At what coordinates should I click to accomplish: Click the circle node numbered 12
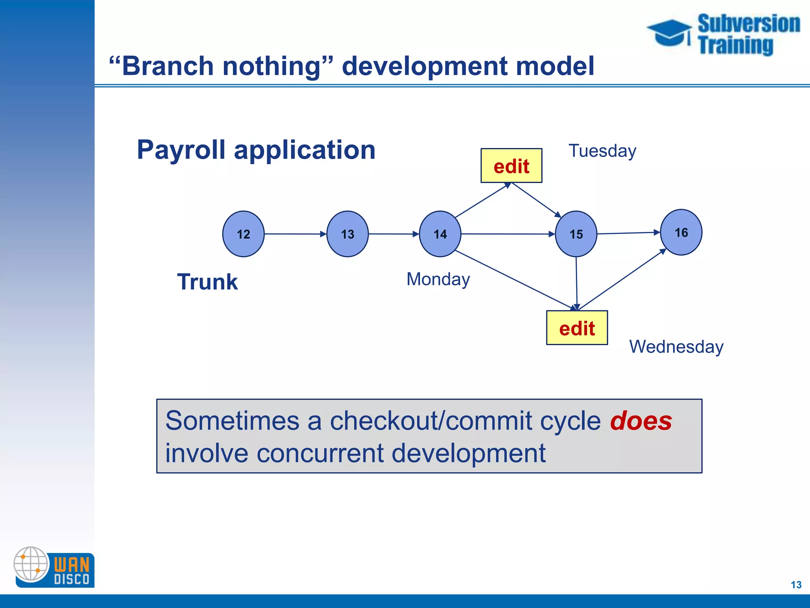pos(243,234)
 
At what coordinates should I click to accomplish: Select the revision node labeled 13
pos(347,234)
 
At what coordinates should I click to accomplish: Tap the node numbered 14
pos(440,234)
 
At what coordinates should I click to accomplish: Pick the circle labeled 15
pos(576,234)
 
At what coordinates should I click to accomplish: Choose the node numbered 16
pos(681,232)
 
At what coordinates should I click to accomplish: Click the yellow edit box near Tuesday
pos(511,166)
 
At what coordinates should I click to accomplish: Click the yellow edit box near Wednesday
pos(577,328)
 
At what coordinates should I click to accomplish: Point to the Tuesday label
pos(602,151)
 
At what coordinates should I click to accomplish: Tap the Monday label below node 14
pos(438,279)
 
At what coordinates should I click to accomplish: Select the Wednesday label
pos(676,347)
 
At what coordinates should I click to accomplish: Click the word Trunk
pos(207,282)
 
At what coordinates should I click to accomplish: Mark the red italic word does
pos(641,421)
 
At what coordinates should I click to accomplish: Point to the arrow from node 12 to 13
pos(295,234)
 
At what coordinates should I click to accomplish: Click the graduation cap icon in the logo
pos(669,32)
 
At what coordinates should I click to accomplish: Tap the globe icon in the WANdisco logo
pos(31,564)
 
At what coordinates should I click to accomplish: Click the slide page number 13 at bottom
pos(796,585)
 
